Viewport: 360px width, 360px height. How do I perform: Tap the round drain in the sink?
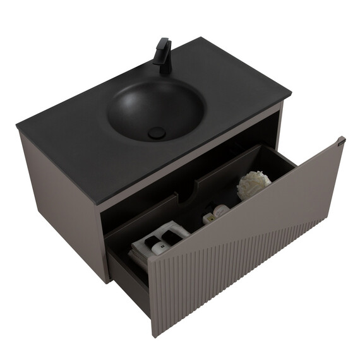pyautogui.click(x=155, y=132)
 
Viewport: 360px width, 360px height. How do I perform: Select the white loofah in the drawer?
pyautogui.click(x=253, y=184)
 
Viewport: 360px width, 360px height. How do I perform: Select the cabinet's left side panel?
pyautogui.click(x=60, y=202)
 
